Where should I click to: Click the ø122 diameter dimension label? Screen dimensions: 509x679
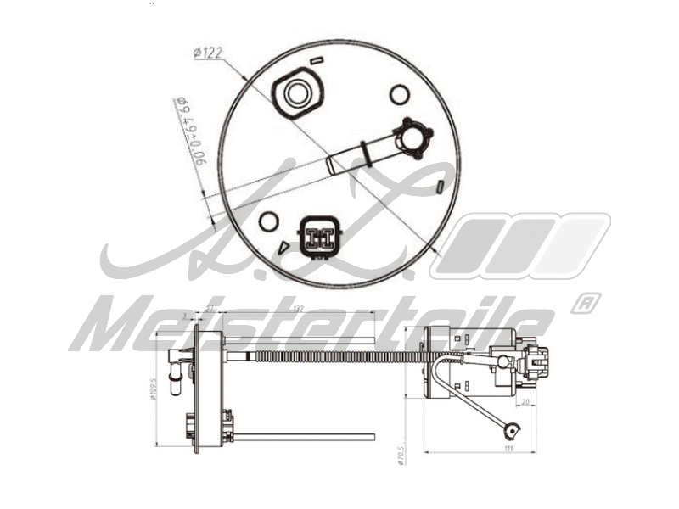point(208,53)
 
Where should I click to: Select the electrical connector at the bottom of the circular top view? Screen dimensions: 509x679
point(320,237)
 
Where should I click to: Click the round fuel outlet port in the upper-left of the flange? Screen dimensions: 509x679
point(296,92)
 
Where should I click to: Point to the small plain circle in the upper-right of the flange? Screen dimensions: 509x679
point(399,95)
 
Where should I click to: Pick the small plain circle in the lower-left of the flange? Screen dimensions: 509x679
point(268,222)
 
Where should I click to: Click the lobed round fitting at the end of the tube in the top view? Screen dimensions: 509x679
point(415,137)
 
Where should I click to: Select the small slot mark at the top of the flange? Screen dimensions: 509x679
point(317,61)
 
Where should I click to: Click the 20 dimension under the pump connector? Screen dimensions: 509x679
point(525,403)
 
